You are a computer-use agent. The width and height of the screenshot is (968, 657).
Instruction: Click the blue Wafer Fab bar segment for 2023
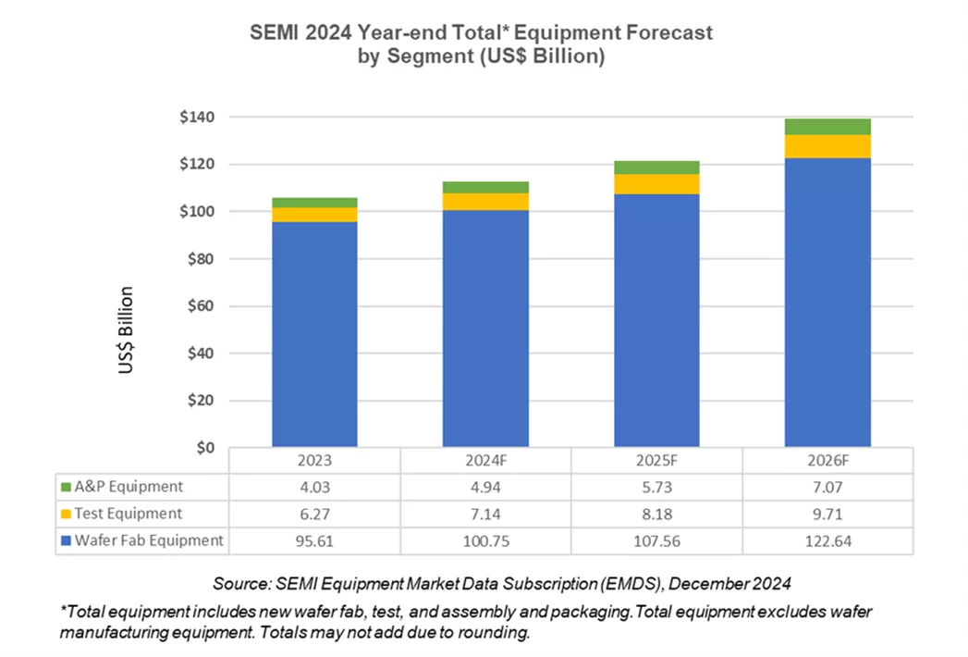(x=314, y=333)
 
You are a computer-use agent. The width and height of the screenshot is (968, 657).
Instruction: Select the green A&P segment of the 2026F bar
(x=827, y=127)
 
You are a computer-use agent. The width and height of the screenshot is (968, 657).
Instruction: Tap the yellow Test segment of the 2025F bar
(x=656, y=184)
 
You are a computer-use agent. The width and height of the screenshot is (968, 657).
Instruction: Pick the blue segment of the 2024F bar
(x=485, y=328)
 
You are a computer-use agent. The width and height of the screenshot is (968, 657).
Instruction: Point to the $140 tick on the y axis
(x=196, y=118)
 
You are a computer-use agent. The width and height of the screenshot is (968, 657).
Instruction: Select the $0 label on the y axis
(x=204, y=448)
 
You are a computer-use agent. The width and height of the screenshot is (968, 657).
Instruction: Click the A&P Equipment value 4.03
(x=314, y=487)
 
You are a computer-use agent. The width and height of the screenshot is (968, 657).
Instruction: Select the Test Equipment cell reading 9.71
(x=827, y=514)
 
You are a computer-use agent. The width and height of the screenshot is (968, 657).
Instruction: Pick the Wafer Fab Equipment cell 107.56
(x=656, y=541)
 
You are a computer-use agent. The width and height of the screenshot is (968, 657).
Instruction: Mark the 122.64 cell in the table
(x=827, y=541)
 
